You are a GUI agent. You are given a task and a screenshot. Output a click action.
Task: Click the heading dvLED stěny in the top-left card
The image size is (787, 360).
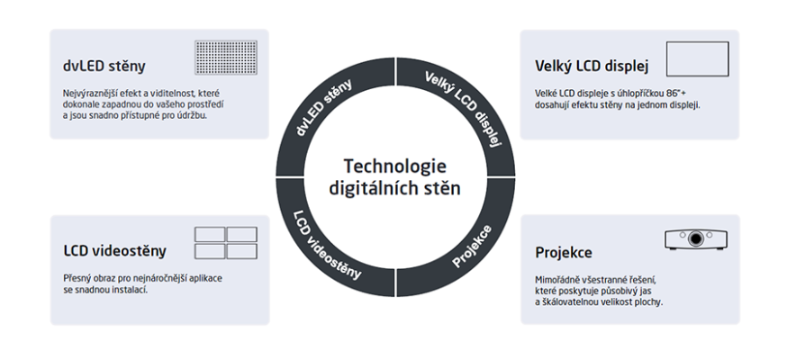104,66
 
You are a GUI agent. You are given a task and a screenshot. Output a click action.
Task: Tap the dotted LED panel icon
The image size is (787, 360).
226,58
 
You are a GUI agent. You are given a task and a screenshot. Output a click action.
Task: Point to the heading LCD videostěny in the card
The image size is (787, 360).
114,250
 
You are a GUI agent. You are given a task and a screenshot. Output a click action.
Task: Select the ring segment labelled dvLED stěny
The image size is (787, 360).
328,112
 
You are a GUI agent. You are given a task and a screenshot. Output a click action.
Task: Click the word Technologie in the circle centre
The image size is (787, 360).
394,167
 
